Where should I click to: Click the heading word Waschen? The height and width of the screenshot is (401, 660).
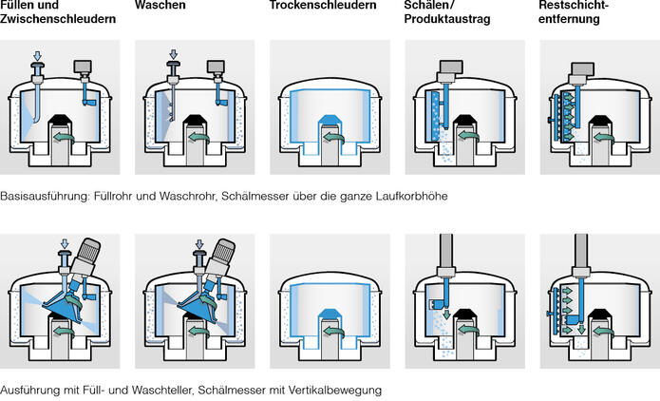(160, 7)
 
